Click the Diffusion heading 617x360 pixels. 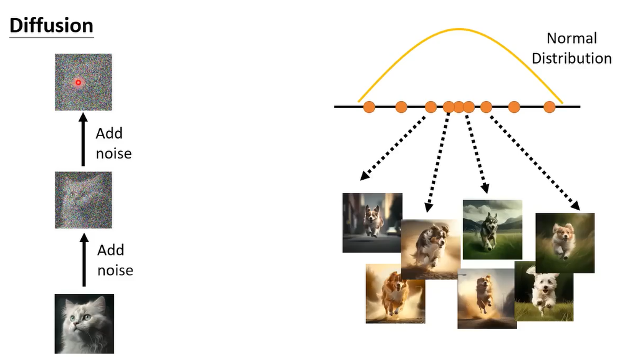[51, 26]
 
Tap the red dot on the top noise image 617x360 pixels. [79, 82]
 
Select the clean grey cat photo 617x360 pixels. [84, 324]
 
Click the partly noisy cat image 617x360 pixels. [83, 200]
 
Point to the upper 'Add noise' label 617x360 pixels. [113, 143]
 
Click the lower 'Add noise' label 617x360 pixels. [115, 260]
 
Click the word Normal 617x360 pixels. [571, 39]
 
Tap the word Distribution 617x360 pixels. [575, 59]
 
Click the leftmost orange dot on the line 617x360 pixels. [369, 107]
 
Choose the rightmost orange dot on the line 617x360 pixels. [550, 107]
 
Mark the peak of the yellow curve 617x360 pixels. [460, 29]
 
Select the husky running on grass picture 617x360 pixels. [492, 229]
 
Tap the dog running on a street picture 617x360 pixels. [372, 222]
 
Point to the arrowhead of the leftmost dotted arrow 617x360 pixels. [363, 178]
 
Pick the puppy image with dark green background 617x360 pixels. [565, 243]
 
